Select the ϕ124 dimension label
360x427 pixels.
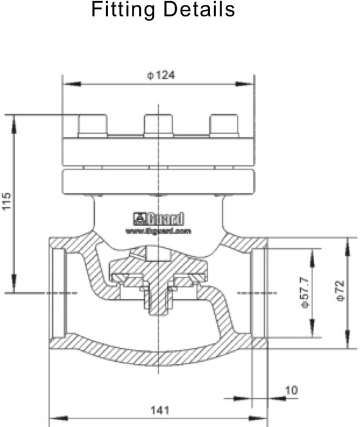[x=158, y=75]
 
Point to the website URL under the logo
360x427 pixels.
[x=159, y=231]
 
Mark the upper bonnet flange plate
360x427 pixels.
[x=159, y=151]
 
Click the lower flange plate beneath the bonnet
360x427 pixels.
[x=159, y=181]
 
